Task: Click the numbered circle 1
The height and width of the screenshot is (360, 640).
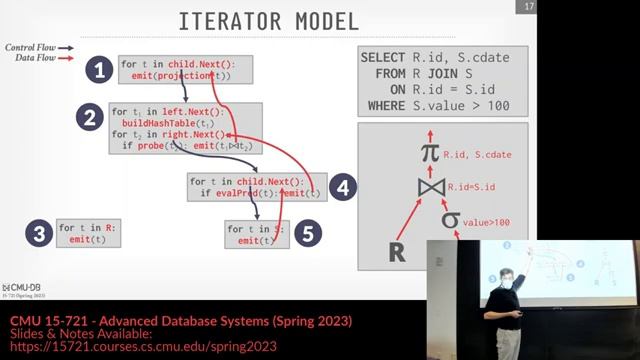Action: click(x=97, y=69)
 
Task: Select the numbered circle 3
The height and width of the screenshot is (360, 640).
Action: click(x=40, y=234)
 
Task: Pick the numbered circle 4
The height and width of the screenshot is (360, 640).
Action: click(x=343, y=186)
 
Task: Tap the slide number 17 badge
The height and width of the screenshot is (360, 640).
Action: click(x=528, y=8)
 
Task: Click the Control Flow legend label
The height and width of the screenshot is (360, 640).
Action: click(x=28, y=47)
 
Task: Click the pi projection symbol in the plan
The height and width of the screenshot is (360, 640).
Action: click(x=429, y=153)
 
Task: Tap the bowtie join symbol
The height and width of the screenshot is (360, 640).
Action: click(x=429, y=186)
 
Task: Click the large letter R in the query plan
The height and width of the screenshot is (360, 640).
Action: click(x=396, y=251)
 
